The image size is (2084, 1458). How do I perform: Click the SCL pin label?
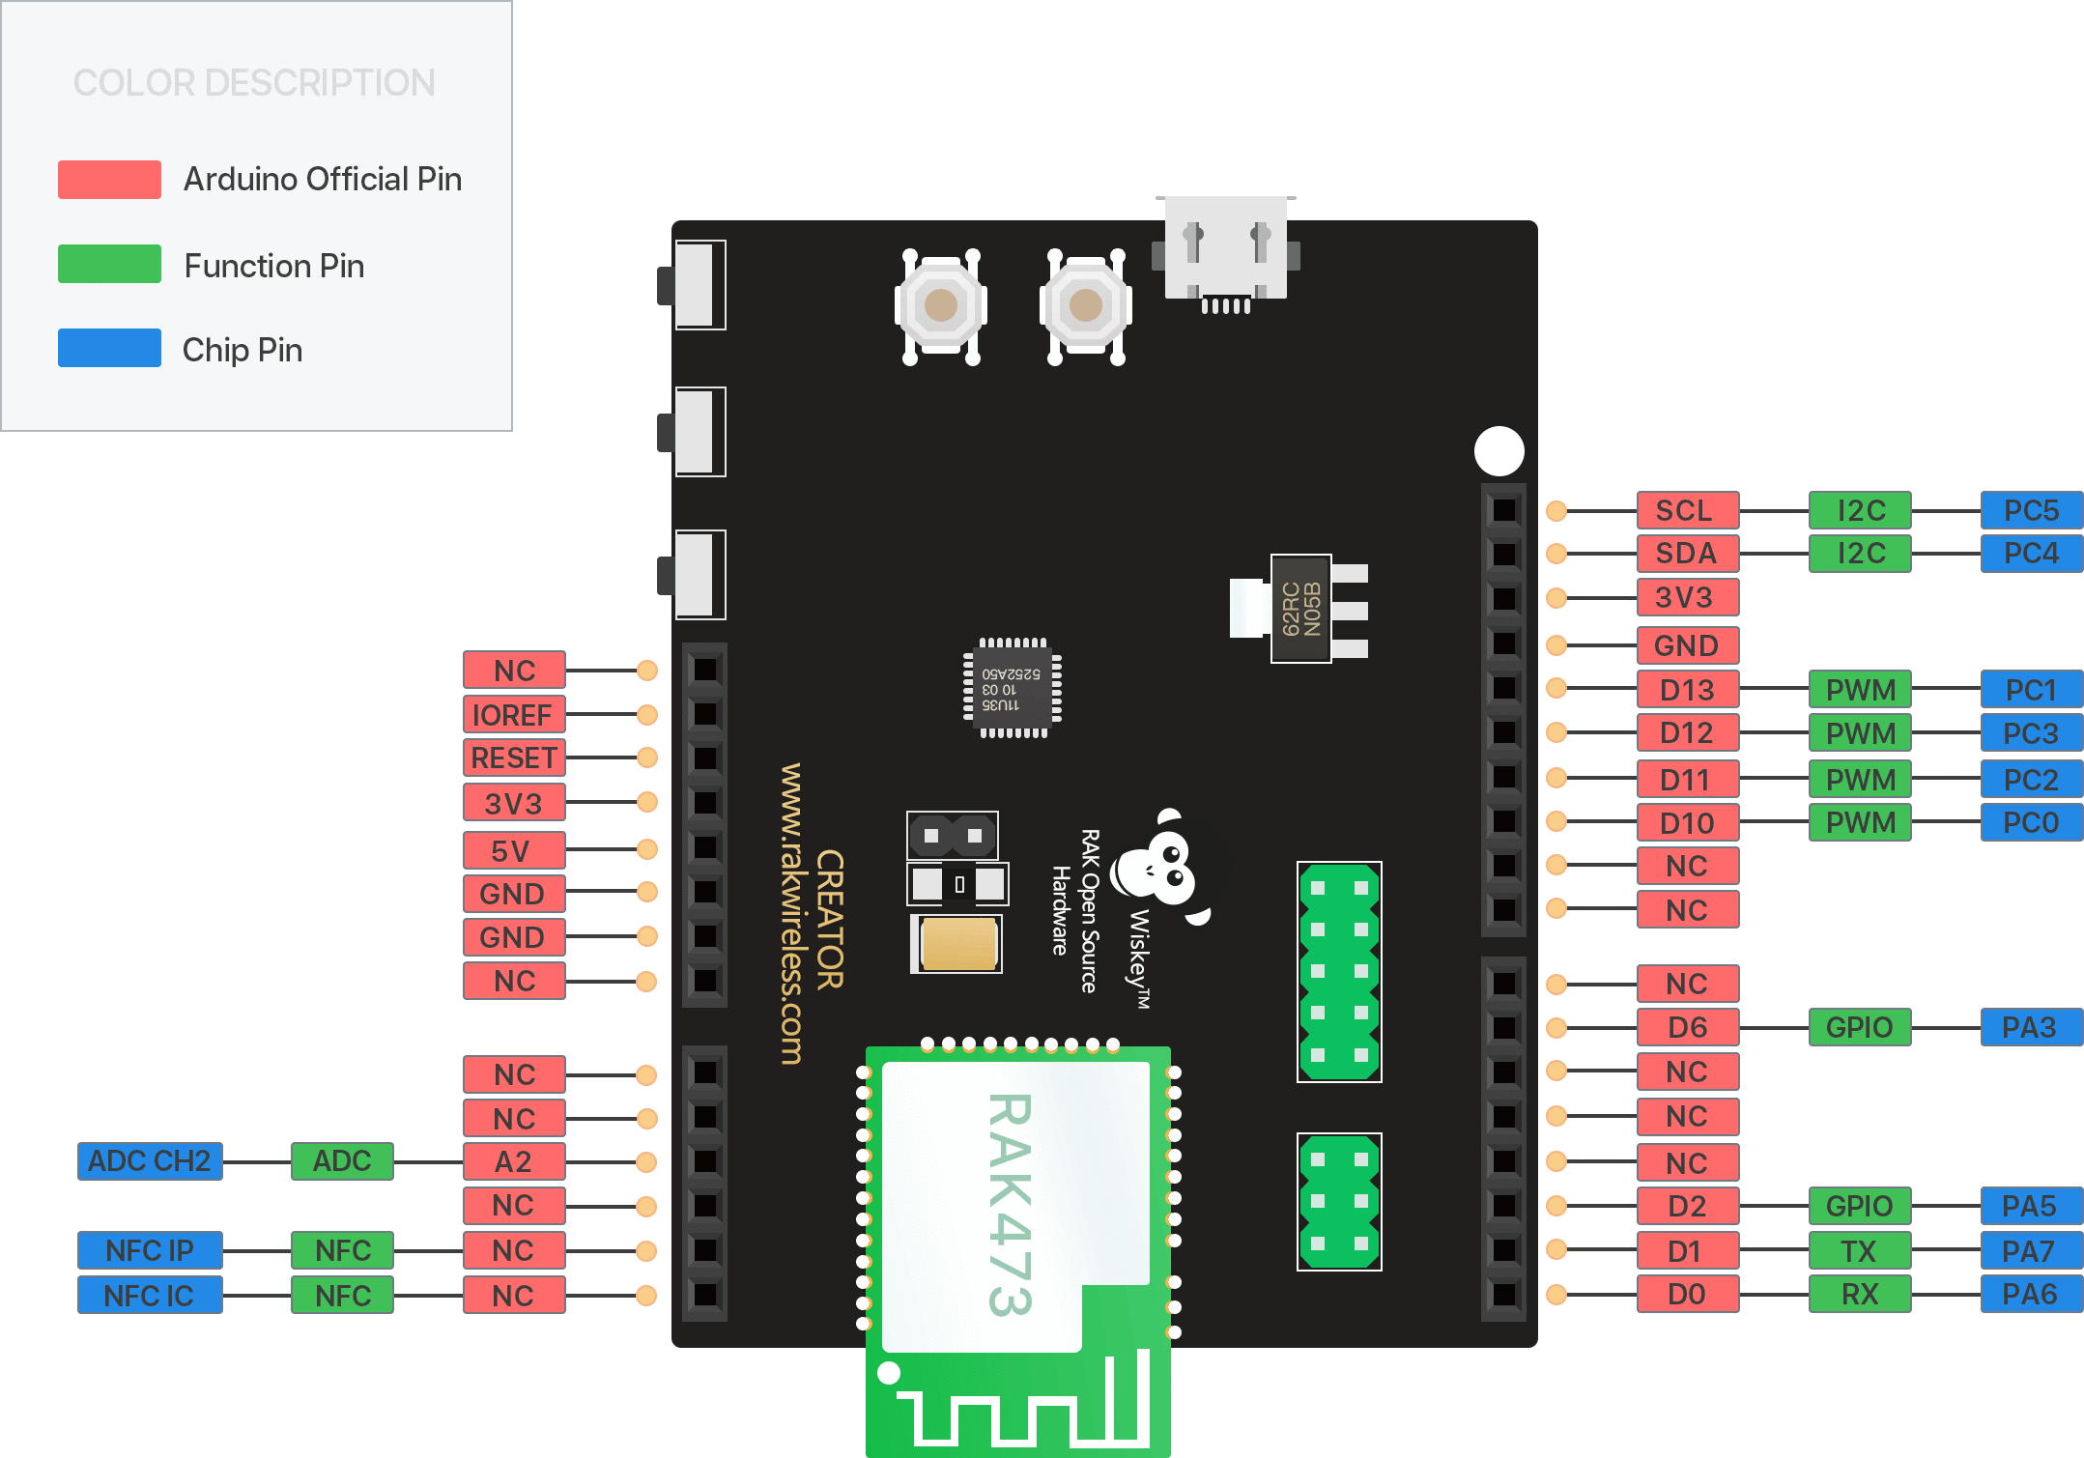point(1687,510)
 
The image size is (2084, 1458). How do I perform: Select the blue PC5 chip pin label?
point(2031,510)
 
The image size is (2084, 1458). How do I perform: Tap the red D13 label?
point(1687,690)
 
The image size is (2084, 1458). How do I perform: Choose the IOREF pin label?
point(513,715)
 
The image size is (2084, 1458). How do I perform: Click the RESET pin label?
point(513,758)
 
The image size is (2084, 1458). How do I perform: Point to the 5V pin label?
point(513,851)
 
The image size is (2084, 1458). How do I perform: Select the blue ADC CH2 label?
point(150,1160)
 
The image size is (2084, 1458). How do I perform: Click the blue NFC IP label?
point(150,1250)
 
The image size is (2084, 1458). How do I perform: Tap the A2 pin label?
point(513,1161)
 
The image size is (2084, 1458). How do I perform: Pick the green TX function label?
point(1859,1251)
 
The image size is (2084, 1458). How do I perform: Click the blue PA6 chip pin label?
point(2031,1295)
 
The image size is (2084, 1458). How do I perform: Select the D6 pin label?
point(1687,1027)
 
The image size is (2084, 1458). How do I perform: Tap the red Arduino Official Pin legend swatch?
point(109,180)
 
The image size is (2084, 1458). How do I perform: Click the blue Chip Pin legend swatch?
point(109,349)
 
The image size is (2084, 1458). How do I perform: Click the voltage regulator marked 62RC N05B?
point(1299,609)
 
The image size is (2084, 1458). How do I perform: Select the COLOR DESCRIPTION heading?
point(254,83)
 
